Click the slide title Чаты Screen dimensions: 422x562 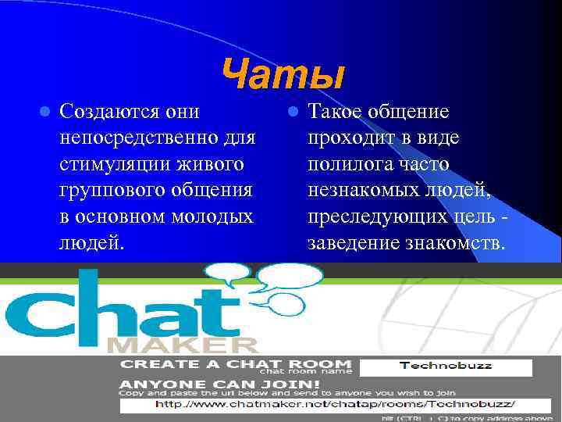(282, 76)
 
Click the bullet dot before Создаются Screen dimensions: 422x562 (45, 113)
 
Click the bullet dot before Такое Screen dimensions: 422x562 (293, 113)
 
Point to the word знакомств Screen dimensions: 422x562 (456, 243)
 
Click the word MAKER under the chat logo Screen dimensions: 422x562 (182, 344)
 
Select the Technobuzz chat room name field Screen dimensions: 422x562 (446, 367)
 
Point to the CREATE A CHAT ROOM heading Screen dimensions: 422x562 (235, 365)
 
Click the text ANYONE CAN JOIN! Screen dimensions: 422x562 (219, 384)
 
